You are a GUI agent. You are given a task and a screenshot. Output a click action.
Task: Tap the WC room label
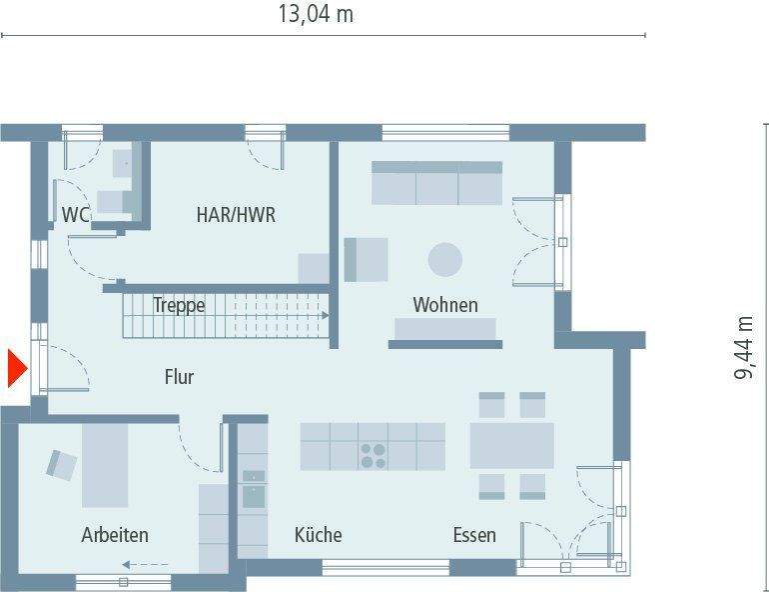pyautogui.click(x=77, y=214)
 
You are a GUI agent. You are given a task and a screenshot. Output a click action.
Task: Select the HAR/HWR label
pyautogui.click(x=236, y=214)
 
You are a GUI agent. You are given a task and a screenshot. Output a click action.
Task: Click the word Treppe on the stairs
pyautogui.click(x=179, y=305)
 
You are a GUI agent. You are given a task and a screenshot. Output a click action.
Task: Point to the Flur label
pyautogui.click(x=179, y=377)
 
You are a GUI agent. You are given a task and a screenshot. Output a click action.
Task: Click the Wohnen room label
pyautogui.click(x=445, y=305)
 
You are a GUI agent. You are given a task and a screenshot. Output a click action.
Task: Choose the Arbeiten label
pyautogui.click(x=115, y=535)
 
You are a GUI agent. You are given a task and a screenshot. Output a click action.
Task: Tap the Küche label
pyautogui.click(x=318, y=535)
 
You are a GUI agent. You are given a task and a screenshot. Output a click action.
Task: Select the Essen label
pyautogui.click(x=473, y=535)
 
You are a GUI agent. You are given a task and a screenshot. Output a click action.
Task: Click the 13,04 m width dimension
pyautogui.click(x=315, y=14)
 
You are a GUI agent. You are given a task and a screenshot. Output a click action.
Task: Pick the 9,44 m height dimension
pyautogui.click(x=744, y=347)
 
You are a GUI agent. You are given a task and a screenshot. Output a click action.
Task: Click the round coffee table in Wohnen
pyautogui.click(x=445, y=260)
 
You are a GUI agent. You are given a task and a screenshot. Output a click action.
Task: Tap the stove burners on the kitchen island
pyautogui.click(x=374, y=456)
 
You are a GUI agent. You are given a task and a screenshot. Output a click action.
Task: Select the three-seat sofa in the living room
pyautogui.click(x=436, y=183)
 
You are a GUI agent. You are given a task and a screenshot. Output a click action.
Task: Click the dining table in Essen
pyautogui.click(x=511, y=446)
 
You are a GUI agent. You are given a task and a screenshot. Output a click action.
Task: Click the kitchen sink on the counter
pyautogui.click(x=254, y=490)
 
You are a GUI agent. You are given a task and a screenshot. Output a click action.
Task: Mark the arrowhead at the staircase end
pyautogui.click(x=325, y=315)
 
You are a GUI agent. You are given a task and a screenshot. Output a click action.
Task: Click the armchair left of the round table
pyautogui.click(x=366, y=259)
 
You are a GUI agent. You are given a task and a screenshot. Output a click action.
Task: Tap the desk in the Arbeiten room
pyautogui.click(x=106, y=465)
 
